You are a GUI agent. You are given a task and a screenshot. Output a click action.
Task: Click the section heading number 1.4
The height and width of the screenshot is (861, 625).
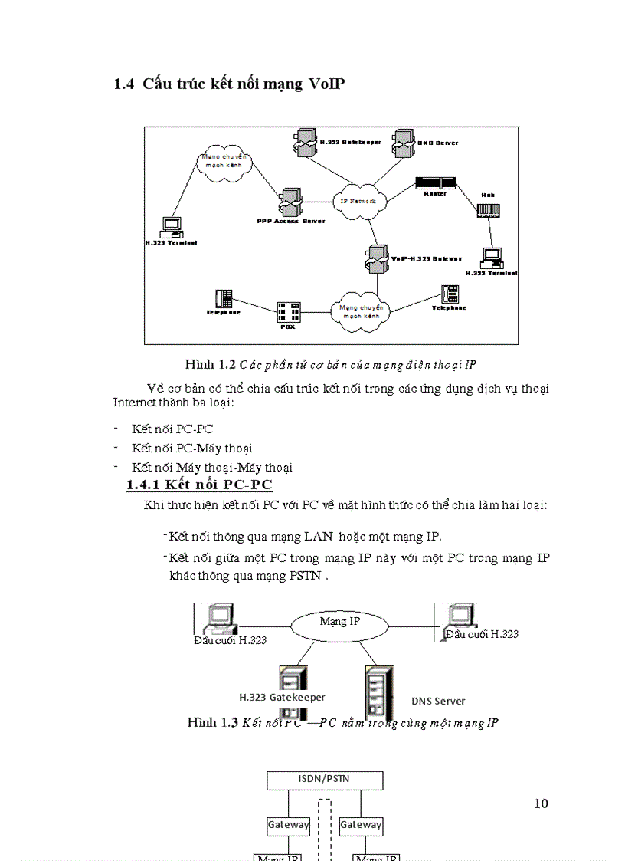click(123, 84)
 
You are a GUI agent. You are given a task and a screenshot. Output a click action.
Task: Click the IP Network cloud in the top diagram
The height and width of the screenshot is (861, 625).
click(358, 200)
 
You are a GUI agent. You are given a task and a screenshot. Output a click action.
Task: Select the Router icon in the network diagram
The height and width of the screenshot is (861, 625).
click(435, 183)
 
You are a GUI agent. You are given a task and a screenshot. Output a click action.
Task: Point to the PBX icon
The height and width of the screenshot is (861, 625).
click(288, 312)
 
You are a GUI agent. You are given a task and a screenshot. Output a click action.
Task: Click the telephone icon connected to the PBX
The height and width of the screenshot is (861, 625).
click(224, 299)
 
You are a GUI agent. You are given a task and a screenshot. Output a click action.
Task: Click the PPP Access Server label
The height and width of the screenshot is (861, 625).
click(290, 221)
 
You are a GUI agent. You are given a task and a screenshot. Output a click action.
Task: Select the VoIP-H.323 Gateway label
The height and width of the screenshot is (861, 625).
click(427, 259)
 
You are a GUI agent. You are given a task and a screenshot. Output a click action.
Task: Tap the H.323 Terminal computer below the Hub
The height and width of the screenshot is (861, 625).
click(491, 257)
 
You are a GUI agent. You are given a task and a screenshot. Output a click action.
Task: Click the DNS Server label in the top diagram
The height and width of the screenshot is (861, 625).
click(437, 143)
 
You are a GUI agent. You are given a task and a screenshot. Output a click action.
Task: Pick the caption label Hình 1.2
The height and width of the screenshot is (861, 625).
click(210, 363)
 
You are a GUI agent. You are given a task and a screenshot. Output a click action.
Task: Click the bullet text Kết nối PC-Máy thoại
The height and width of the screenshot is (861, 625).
click(191, 449)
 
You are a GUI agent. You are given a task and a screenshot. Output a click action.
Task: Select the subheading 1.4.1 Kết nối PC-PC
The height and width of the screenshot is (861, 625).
click(199, 485)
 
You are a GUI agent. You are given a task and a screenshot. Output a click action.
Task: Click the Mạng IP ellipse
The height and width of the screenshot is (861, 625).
click(339, 622)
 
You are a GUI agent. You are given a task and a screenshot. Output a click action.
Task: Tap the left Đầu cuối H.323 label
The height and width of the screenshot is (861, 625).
click(230, 639)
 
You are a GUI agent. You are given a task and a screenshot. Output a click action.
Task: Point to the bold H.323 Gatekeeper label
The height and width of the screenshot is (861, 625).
click(282, 698)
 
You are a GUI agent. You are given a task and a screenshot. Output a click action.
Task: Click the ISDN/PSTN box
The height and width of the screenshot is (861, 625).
click(324, 780)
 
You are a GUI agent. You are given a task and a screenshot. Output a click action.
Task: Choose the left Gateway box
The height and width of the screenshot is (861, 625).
click(288, 825)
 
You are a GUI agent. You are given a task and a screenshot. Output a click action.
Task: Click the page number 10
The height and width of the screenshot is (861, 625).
click(540, 803)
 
